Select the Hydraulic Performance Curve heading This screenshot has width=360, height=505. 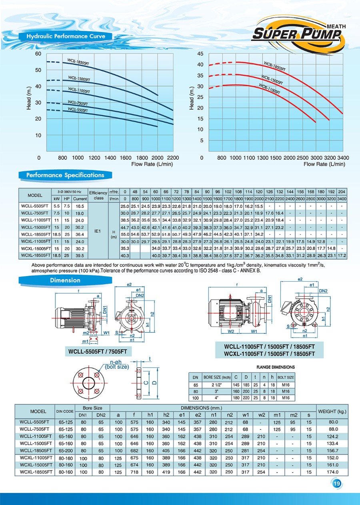click(x=66, y=36)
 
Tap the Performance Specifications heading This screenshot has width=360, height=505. click(x=65, y=175)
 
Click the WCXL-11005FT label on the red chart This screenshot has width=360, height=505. click(x=269, y=88)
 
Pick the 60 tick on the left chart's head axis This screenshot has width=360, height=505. click(x=38, y=54)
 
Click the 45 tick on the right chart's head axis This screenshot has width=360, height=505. click(x=201, y=54)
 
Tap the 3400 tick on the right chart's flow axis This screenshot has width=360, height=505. click(x=343, y=158)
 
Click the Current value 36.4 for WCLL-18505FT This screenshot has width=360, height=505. click(x=80, y=234)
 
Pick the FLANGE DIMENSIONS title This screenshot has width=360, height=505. click(x=275, y=367)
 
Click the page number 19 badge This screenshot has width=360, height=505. click(x=336, y=484)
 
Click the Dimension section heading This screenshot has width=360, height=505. click(x=65, y=281)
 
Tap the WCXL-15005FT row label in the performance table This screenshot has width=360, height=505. click(x=36, y=248)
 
